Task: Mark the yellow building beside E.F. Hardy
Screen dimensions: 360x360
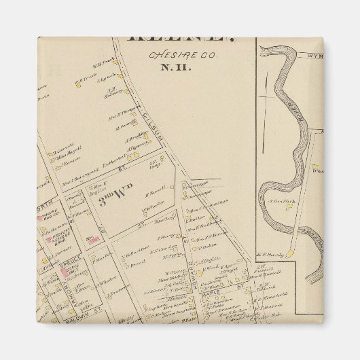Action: (x=289, y=253)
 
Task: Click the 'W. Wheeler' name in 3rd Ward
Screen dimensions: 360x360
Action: (x=155, y=202)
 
